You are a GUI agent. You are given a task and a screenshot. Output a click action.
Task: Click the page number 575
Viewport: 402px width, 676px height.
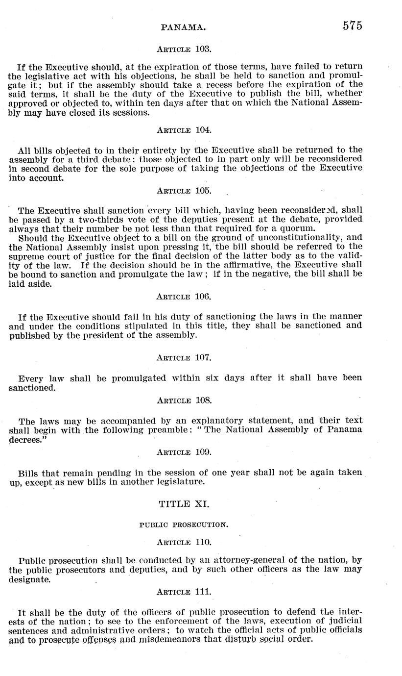tap(352, 26)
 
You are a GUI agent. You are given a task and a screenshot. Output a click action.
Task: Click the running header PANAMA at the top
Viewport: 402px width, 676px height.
tap(183, 28)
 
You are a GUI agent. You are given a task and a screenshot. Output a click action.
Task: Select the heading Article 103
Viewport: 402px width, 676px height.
tap(184, 49)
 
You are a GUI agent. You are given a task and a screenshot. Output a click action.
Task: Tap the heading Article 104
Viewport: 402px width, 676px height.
tap(184, 130)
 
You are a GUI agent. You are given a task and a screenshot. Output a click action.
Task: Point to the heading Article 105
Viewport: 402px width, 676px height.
tap(184, 190)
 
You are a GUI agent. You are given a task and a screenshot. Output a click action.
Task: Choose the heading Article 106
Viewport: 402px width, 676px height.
tap(184, 297)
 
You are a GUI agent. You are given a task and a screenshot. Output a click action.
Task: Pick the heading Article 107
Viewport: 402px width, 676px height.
tap(184, 357)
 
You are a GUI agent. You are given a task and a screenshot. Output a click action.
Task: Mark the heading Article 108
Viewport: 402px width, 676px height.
tap(184, 400)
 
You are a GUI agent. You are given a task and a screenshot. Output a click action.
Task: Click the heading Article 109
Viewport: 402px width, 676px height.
tap(184, 452)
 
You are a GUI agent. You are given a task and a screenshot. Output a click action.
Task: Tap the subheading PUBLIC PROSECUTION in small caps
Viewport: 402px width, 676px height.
tap(184, 525)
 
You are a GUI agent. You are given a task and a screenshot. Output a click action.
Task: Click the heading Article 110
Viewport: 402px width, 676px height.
tap(184, 542)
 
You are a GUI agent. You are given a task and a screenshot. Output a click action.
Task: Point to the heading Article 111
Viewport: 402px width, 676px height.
tap(184, 592)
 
